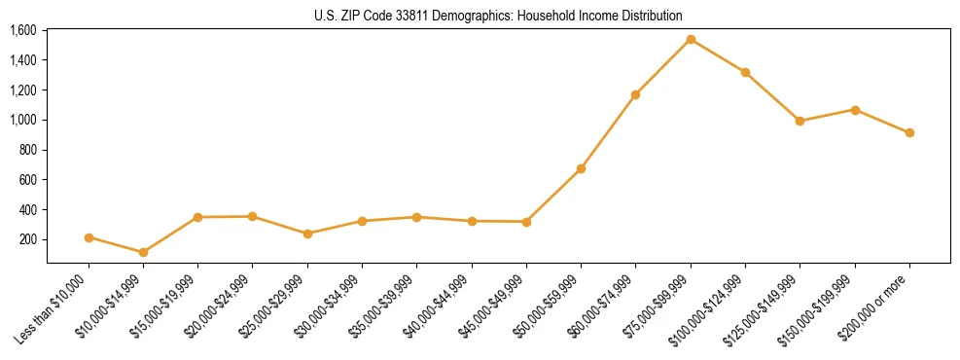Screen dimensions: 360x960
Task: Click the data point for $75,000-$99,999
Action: click(x=691, y=40)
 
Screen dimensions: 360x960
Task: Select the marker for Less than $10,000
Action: click(x=89, y=237)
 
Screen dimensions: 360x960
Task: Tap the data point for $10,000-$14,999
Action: click(x=143, y=252)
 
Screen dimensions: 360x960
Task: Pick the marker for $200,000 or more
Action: click(x=909, y=132)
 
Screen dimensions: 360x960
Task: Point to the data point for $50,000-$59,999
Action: click(x=581, y=168)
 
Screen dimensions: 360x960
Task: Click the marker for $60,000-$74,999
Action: click(x=635, y=94)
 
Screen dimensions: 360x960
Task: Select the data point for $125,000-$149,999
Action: click(x=800, y=121)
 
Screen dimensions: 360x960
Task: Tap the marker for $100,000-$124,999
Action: click(x=745, y=72)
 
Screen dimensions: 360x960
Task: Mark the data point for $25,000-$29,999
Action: click(x=307, y=234)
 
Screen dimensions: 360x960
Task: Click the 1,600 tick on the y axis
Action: click(x=23, y=30)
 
